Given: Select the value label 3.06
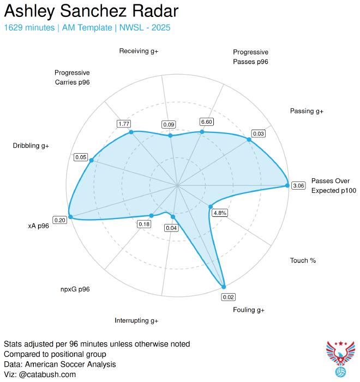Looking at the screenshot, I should point(298,186).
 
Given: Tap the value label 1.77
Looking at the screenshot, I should point(124,124).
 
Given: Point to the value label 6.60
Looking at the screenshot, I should point(207,122).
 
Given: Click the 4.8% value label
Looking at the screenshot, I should point(220,213).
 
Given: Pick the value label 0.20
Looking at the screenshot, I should point(59,220).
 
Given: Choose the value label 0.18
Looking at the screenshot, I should point(144,224).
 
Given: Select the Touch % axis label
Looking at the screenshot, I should point(303,260).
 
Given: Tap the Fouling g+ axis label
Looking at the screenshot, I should point(248,310).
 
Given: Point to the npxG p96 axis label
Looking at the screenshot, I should point(75,289).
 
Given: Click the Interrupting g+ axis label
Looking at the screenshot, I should point(136,320).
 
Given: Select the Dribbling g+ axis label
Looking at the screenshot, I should point(31,145).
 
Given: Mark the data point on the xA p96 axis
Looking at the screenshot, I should point(69,213).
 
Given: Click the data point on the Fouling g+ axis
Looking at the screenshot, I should point(223,287).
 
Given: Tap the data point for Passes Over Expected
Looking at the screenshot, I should point(287,185).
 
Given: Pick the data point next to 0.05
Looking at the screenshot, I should point(91,160).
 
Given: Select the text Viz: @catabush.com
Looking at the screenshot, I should point(40,374).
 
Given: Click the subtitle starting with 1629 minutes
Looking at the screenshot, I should point(87,27).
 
